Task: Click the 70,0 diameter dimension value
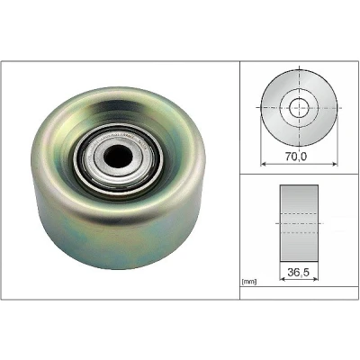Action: click(x=296, y=156)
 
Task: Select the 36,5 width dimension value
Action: click(x=298, y=272)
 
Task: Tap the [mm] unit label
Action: click(x=249, y=282)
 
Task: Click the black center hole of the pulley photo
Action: click(x=118, y=157)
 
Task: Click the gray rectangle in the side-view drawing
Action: click(x=299, y=223)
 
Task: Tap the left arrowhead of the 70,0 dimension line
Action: click(x=264, y=164)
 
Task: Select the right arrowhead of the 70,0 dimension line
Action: click(x=334, y=164)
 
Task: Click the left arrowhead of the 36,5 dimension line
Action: click(x=283, y=279)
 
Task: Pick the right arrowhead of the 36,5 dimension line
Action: click(x=315, y=279)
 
